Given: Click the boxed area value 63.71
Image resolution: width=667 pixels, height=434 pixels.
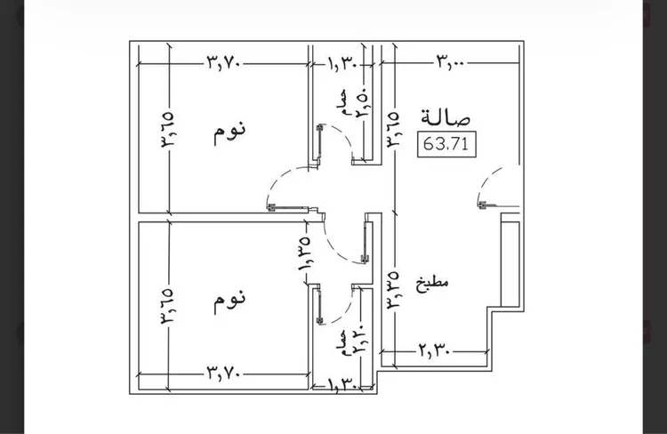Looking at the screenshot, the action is coord(446,144).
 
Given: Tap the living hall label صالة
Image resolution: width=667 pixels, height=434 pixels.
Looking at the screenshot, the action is coord(446,117).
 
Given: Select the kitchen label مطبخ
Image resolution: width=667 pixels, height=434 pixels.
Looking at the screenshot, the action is coord(432,284).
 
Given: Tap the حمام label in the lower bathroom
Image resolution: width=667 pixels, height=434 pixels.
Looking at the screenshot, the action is coord(343,342).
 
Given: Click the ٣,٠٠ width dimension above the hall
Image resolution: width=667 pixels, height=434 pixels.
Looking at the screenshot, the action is coord(450,62).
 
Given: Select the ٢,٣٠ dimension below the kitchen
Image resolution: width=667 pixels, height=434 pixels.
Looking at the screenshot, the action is coord(434,352).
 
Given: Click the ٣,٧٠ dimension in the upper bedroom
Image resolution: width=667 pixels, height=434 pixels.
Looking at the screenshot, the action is coord(224,63).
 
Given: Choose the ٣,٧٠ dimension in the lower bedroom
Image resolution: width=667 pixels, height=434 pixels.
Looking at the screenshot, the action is coord(224,374).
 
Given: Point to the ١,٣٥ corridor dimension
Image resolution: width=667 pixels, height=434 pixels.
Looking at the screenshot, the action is coord(304,254).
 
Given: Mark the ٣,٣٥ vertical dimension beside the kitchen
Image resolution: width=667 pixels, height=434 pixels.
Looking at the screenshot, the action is coord(392,290).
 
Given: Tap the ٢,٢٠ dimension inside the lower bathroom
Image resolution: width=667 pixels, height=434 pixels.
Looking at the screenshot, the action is coord(358,342).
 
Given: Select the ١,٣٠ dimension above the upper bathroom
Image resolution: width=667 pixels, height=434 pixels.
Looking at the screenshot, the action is coord(343,64).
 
